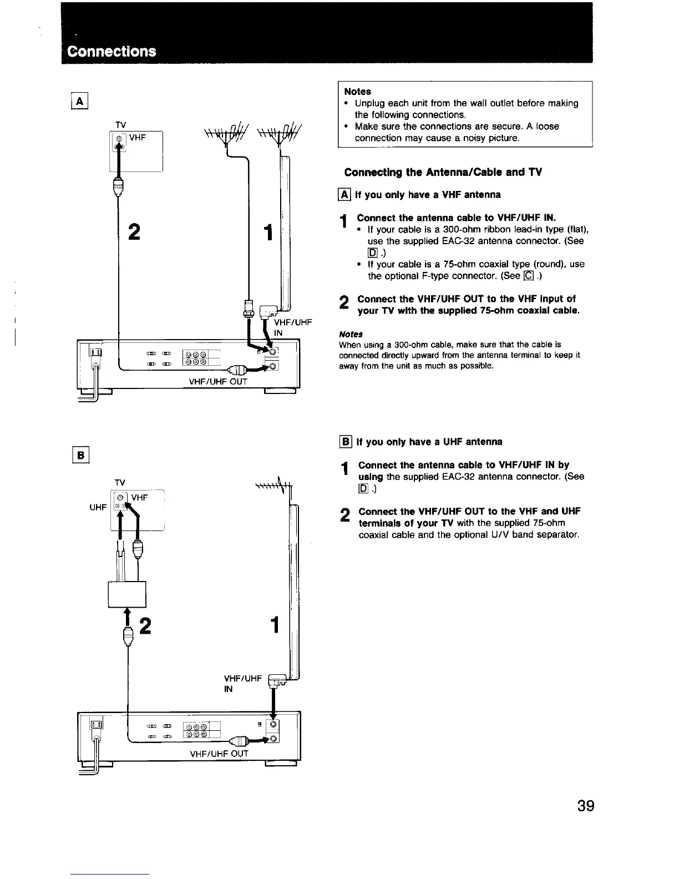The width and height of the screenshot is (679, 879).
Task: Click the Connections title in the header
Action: pyautogui.click(x=112, y=51)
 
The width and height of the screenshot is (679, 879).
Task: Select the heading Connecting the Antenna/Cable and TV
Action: pyautogui.click(x=443, y=172)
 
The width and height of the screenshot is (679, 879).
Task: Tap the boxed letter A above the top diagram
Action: pyautogui.click(x=81, y=101)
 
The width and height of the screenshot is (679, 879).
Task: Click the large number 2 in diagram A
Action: pyautogui.click(x=134, y=231)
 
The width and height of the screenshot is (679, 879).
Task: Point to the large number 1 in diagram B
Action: pyautogui.click(x=273, y=625)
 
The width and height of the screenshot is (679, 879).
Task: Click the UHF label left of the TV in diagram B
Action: pyautogui.click(x=98, y=508)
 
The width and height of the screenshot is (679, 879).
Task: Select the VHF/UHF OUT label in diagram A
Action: pyautogui.click(x=219, y=381)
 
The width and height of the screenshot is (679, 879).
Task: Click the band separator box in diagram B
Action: pyautogui.click(x=126, y=594)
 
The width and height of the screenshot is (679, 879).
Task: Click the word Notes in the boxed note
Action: pyautogui.click(x=357, y=92)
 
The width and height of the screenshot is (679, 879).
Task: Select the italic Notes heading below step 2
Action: pyautogui.click(x=351, y=334)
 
